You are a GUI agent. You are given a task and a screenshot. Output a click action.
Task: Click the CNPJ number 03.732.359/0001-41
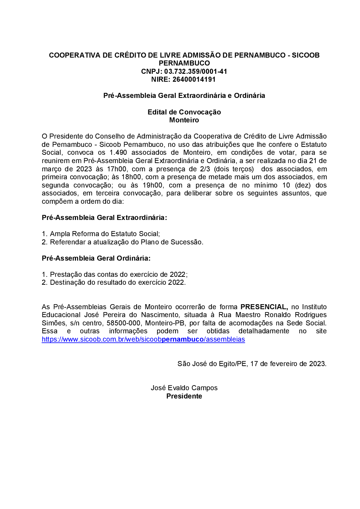coord(195,71)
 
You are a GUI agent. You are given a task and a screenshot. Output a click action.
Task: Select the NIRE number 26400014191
coord(194,79)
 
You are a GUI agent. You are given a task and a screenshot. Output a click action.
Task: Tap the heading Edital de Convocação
coord(184,112)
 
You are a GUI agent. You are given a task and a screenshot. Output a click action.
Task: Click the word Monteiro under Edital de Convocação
coord(184,120)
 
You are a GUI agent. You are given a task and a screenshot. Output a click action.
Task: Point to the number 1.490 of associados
coord(118,152)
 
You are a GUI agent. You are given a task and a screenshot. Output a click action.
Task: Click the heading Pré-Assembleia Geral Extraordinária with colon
coord(104,217)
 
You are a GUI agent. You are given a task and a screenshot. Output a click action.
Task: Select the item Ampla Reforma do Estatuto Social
coord(105,234)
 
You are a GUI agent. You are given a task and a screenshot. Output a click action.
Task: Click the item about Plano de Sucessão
coord(126,242)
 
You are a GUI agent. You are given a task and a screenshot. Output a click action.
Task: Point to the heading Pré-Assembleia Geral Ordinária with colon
coord(96,258)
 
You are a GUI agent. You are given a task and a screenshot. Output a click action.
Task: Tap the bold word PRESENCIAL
coord(264,307)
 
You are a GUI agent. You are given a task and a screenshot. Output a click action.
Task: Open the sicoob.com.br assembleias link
coord(143,339)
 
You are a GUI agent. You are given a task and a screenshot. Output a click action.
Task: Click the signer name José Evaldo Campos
coord(184,388)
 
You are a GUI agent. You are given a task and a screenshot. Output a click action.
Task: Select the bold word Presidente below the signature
coord(184,396)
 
